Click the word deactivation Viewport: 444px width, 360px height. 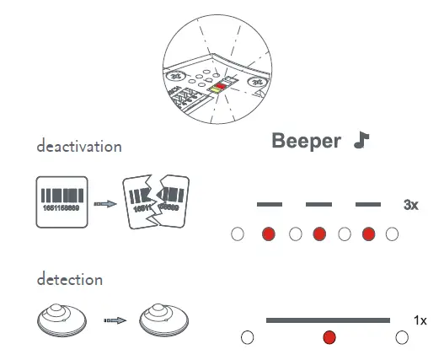click(x=79, y=146)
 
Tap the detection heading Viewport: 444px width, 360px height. click(x=70, y=279)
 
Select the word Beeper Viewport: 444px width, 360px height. click(x=306, y=141)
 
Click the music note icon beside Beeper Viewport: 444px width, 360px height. click(x=361, y=140)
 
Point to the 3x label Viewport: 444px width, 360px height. click(x=411, y=205)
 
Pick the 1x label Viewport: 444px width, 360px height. click(x=420, y=320)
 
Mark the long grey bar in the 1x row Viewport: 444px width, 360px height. click(x=328, y=320)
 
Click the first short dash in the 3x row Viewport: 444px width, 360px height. click(x=269, y=205)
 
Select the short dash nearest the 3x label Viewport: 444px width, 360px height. click(x=368, y=205)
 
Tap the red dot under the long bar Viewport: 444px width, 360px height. click(x=329, y=338)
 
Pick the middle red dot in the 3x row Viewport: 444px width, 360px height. click(x=318, y=234)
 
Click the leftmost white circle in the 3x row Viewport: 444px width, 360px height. click(x=238, y=234)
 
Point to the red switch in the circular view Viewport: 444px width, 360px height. click(x=217, y=87)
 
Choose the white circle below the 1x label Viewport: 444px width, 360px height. click(x=402, y=337)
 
